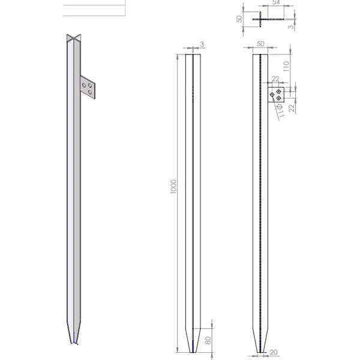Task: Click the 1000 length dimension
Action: point(173,187)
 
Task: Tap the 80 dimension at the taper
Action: point(208,340)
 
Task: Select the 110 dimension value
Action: point(286,66)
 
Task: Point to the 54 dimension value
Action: point(276,2)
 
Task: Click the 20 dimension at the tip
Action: point(273,352)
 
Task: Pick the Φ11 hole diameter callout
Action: point(280,110)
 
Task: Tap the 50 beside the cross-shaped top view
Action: point(239,19)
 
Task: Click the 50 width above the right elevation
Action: point(260,44)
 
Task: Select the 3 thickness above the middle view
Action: point(202,44)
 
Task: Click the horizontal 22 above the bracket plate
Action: point(275,79)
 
